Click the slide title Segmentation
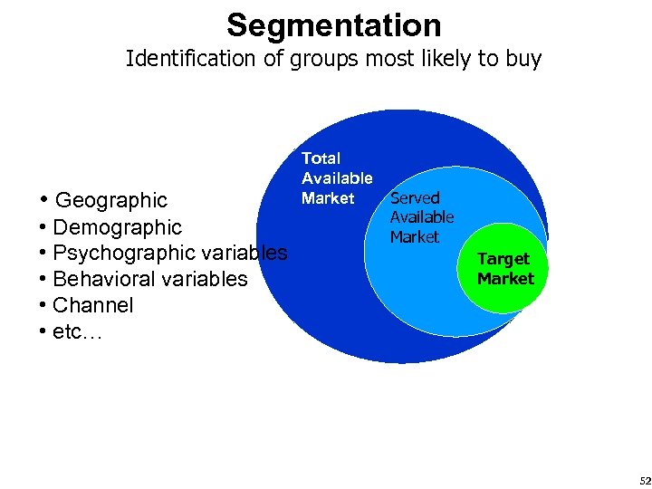pos(333,24)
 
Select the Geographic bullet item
pos(110,200)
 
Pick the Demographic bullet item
pos(117,227)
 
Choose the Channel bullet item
pos(92,305)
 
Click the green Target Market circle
pos(506,269)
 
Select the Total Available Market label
pos(336,177)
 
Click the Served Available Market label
pos(421,217)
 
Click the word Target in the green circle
pos(503,259)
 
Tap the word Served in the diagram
pos(415,197)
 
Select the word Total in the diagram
pos(321,158)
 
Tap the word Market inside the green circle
pos(506,279)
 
